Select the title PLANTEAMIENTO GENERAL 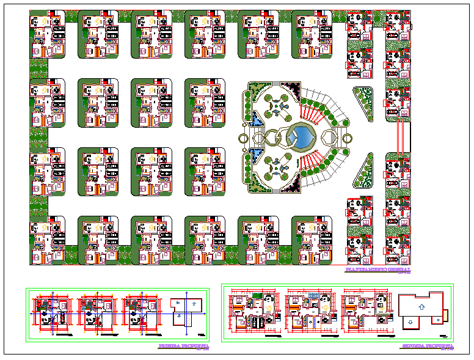pyautogui.click(x=378, y=270)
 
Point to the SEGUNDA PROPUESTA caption pyautogui.click(x=428, y=347)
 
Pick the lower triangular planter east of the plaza pyautogui.click(x=365, y=171)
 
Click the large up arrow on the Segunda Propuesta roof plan pyautogui.click(x=420, y=304)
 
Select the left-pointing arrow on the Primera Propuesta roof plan pyautogui.click(x=176, y=303)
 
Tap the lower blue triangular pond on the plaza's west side pyautogui.click(x=257, y=156)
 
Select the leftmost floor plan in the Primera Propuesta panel pyautogui.click(x=53, y=314)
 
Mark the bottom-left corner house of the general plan pyautogui.click(x=47, y=240)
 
